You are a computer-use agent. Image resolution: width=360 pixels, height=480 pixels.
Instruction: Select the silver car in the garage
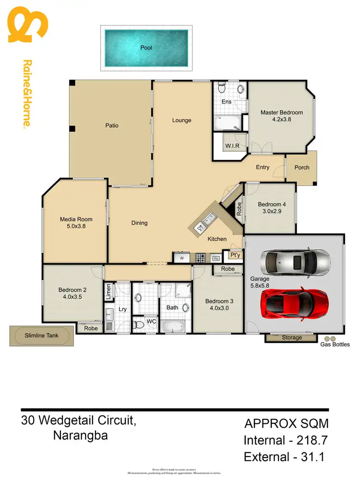click(x=295, y=262)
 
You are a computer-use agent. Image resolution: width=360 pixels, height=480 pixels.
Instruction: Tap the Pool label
click(x=146, y=48)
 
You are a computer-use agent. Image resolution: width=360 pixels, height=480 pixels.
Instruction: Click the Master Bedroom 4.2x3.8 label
click(x=281, y=116)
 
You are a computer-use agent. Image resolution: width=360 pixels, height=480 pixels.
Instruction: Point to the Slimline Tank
click(x=42, y=335)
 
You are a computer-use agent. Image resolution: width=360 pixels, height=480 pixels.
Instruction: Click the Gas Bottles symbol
click(x=329, y=338)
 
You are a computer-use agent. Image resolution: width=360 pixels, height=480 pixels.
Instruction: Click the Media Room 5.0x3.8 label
click(x=76, y=223)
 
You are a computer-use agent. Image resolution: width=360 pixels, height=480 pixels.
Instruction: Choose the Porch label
click(x=301, y=168)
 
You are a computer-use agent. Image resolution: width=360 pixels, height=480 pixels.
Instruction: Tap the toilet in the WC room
click(x=140, y=325)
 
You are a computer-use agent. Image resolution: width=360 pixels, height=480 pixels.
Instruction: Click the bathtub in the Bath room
click(x=173, y=327)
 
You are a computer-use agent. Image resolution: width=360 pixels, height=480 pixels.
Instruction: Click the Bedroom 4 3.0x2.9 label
click(x=272, y=207)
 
